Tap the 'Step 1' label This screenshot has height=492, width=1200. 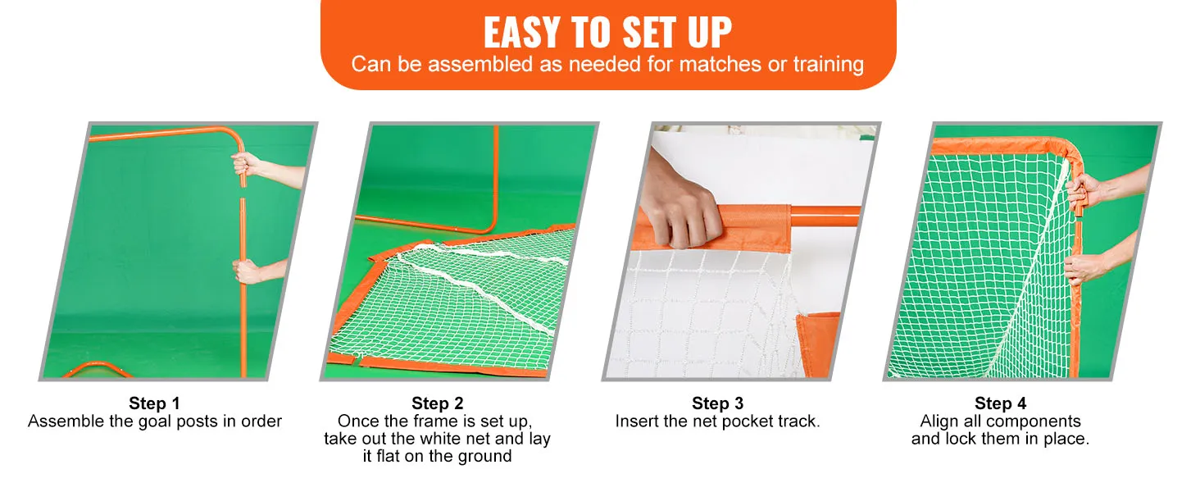[154, 403]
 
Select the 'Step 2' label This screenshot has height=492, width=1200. [437, 403]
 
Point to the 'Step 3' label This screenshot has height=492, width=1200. [718, 403]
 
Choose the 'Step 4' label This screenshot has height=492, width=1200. [1000, 403]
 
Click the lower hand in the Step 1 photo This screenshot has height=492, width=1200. [248, 271]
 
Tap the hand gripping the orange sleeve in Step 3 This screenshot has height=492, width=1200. [680, 209]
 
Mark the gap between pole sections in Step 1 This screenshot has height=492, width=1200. [243, 193]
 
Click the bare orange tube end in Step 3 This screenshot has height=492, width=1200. [825, 216]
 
